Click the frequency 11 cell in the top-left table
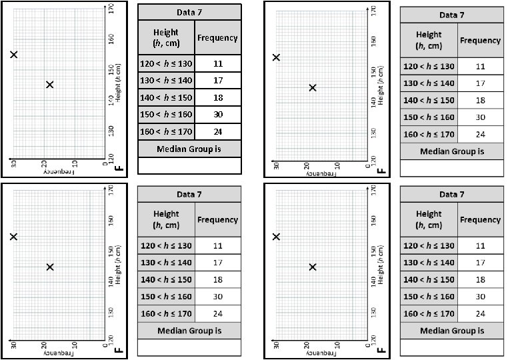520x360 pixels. tap(217, 64)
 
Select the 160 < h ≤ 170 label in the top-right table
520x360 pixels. tap(429, 135)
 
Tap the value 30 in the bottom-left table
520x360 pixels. tap(217, 296)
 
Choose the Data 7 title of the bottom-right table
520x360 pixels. tap(451, 195)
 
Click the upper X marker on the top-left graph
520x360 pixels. tap(13, 55)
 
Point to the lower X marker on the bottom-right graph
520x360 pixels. tap(312, 267)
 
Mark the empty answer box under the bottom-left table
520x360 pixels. tap(189, 347)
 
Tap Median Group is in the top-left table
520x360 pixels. tap(189, 149)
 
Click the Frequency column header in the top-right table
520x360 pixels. tap(480, 41)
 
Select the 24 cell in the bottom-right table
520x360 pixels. tap(480, 313)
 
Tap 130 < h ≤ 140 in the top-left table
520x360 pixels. tap(166, 81)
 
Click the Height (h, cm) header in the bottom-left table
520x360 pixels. tap(166, 219)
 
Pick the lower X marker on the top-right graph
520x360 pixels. tap(312, 87)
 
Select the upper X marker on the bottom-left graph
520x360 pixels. tap(13, 237)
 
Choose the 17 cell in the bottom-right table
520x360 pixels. tap(480, 263)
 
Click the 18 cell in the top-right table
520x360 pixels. tap(480, 100)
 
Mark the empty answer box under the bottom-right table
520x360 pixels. tap(451, 347)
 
